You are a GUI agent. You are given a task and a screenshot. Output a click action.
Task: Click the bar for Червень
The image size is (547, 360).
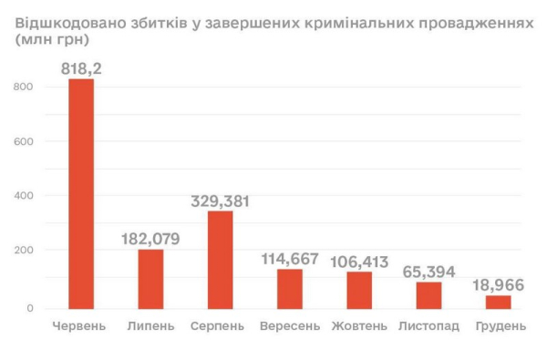pos(81,192)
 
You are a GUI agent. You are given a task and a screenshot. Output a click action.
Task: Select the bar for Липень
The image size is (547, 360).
pos(150,278)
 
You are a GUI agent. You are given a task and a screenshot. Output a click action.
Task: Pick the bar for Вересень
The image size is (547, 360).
pos(289,288)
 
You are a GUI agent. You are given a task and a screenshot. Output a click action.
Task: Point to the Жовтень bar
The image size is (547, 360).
pos(358,290)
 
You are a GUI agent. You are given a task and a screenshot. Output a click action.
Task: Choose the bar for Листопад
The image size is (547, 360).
pos(428,295)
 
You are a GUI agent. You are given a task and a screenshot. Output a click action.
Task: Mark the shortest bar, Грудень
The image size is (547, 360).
pos(498,302)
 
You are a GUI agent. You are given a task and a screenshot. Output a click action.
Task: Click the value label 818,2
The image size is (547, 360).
pos(81,67)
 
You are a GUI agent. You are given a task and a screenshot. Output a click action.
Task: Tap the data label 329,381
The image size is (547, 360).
pos(220,201)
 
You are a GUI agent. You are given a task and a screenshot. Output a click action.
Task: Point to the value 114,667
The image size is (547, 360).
pos(289,258)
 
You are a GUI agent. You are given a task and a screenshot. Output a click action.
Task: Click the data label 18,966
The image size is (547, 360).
pos(497,285)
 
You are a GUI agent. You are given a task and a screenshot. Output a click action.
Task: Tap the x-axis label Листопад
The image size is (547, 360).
pos(428,325)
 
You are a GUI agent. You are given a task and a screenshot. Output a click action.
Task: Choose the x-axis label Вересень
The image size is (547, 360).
pos(289,325)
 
